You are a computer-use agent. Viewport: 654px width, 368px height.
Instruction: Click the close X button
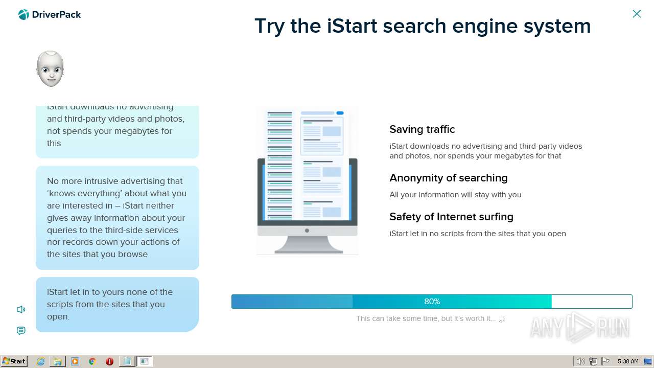click(x=637, y=14)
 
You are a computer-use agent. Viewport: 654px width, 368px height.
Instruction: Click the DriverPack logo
click(x=50, y=15)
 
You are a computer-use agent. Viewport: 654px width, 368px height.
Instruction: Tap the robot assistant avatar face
click(x=50, y=69)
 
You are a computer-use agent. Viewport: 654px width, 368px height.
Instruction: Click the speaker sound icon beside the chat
click(x=21, y=309)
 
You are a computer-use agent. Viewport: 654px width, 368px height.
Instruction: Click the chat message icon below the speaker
click(x=21, y=331)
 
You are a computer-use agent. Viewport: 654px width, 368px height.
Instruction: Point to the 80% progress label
click(x=432, y=302)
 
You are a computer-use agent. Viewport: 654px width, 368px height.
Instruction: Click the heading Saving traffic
click(x=422, y=129)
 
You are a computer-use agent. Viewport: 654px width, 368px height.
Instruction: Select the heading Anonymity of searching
click(x=448, y=178)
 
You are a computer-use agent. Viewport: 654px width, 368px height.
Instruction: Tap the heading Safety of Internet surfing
click(x=451, y=217)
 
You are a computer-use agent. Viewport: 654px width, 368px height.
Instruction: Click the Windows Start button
click(x=14, y=361)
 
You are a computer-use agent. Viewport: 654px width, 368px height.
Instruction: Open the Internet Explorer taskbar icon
click(x=40, y=361)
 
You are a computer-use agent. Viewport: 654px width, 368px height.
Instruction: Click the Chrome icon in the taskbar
click(x=92, y=361)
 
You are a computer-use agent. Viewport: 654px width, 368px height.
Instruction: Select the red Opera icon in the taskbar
click(x=109, y=361)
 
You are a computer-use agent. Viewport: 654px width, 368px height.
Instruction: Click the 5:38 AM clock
click(x=628, y=361)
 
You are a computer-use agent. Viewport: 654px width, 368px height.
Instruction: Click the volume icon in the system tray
click(x=580, y=361)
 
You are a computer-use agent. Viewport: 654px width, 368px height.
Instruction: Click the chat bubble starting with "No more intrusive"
click(x=117, y=217)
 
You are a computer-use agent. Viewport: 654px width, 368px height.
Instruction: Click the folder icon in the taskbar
click(x=58, y=361)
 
